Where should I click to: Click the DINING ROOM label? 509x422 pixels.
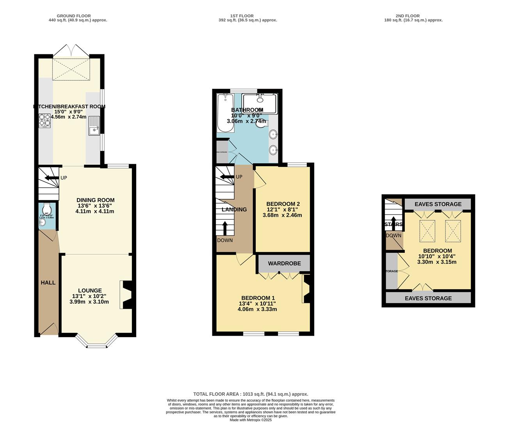(95, 200)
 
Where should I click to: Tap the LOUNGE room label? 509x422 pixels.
(90, 290)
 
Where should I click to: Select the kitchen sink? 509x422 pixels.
(94, 125)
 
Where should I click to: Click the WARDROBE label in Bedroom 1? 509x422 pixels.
(284, 263)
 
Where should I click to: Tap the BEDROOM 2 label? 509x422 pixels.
(283, 204)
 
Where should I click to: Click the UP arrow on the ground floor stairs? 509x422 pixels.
(52, 178)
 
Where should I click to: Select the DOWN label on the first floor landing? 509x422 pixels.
(225, 240)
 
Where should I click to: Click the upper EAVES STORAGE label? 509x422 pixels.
(438, 204)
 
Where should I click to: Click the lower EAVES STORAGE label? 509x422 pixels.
(428, 298)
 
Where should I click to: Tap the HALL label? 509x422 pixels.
(48, 283)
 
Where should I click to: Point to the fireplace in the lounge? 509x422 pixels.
(127, 295)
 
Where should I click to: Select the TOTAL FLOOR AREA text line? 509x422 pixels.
(251, 394)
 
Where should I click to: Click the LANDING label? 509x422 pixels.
(234, 209)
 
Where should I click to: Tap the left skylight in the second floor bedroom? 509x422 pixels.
(427, 231)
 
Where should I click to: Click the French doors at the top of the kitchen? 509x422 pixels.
(71, 50)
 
